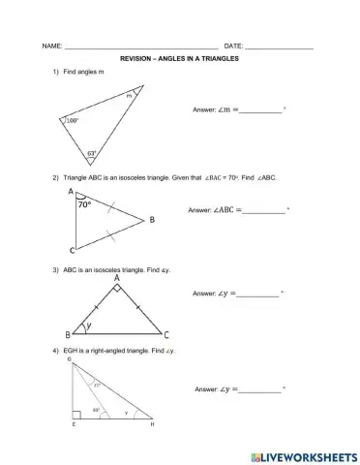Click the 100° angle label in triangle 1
(x=72, y=121)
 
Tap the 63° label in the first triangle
(x=91, y=153)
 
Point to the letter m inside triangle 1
(x=128, y=97)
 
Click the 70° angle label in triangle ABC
(x=85, y=205)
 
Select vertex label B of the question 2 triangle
(x=151, y=220)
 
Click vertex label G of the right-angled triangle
(x=69, y=358)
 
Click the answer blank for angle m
(x=261, y=110)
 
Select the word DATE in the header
(x=233, y=46)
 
